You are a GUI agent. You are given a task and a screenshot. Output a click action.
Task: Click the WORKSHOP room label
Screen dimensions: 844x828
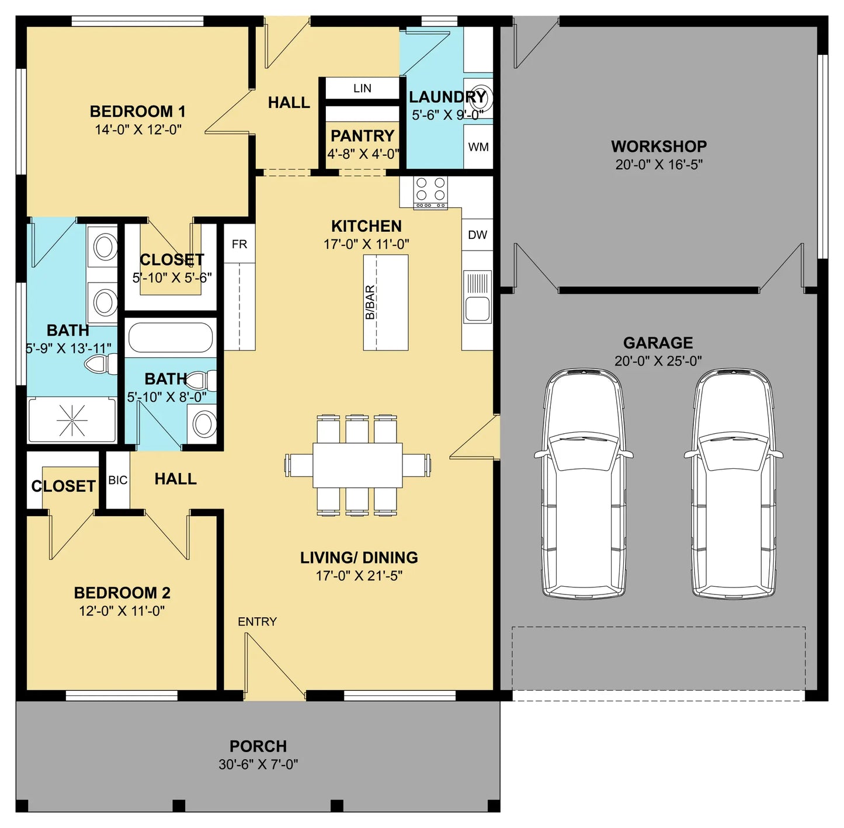click(x=659, y=146)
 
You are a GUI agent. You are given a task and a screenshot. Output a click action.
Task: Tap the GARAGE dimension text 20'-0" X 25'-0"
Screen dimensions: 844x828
click(x=658, y=361)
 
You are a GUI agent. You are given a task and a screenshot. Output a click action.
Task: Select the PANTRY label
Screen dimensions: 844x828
click(x=362, y=136)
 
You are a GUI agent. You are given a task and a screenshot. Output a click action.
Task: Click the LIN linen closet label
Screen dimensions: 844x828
click(x=362, y=88)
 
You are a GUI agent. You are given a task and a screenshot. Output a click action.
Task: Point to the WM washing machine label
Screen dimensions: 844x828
click(x=478, y=147)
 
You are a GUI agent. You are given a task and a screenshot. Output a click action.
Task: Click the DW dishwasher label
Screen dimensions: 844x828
click(x=477, y=235)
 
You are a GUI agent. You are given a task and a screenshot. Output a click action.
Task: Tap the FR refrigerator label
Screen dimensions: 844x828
click(x=239, y=244)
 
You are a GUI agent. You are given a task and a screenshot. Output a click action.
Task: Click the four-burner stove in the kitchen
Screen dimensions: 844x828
click(x=430, y=192)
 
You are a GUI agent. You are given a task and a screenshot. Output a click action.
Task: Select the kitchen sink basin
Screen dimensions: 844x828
click(x=477, y=309)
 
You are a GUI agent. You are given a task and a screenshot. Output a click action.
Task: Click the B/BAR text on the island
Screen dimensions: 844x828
click(x=370, y=302)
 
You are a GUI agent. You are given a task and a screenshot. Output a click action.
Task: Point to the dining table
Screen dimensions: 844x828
click(x=357, y=465)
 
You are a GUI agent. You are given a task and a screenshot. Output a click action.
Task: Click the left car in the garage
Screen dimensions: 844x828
click(x=584, y=484)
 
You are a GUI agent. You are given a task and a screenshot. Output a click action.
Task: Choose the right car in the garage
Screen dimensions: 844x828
click(x=734, y=484)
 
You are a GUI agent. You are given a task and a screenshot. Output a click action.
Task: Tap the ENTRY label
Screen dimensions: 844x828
click(x=257, y=622)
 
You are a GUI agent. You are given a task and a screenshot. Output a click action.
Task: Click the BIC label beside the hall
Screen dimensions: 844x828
click(x=118, y=481)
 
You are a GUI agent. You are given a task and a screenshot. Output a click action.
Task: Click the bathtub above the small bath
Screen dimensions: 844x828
click(x=171, y=338)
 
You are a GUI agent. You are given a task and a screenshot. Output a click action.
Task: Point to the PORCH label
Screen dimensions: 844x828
click(x=258, y=746)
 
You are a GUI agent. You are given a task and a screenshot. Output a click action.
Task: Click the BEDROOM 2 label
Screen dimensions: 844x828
click(x=121, y=593)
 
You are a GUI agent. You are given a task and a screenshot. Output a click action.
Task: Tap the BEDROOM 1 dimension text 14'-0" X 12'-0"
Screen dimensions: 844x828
click(x=138, y=130)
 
